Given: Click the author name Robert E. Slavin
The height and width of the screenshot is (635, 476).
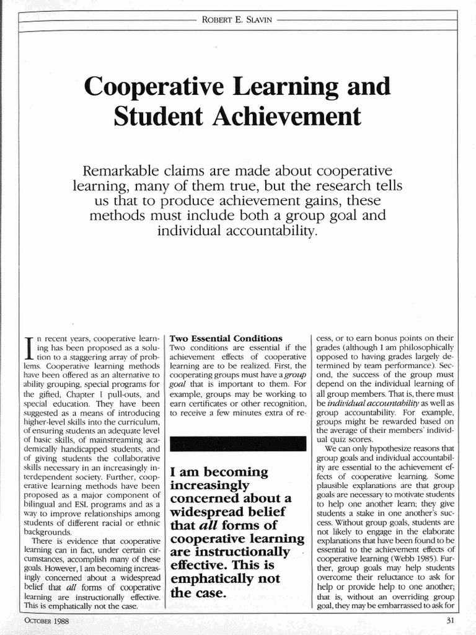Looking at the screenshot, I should [x=238, y=19].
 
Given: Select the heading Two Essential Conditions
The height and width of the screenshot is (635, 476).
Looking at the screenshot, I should [x=226, y=339].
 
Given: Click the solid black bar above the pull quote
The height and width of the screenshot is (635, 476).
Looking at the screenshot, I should [x=238, y=443].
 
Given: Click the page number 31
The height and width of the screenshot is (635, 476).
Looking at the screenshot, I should [x=451, y=620].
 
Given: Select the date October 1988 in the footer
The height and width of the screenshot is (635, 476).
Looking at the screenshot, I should [x=46, y=620].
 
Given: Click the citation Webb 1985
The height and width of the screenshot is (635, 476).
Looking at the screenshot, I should [x=407, y=558].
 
